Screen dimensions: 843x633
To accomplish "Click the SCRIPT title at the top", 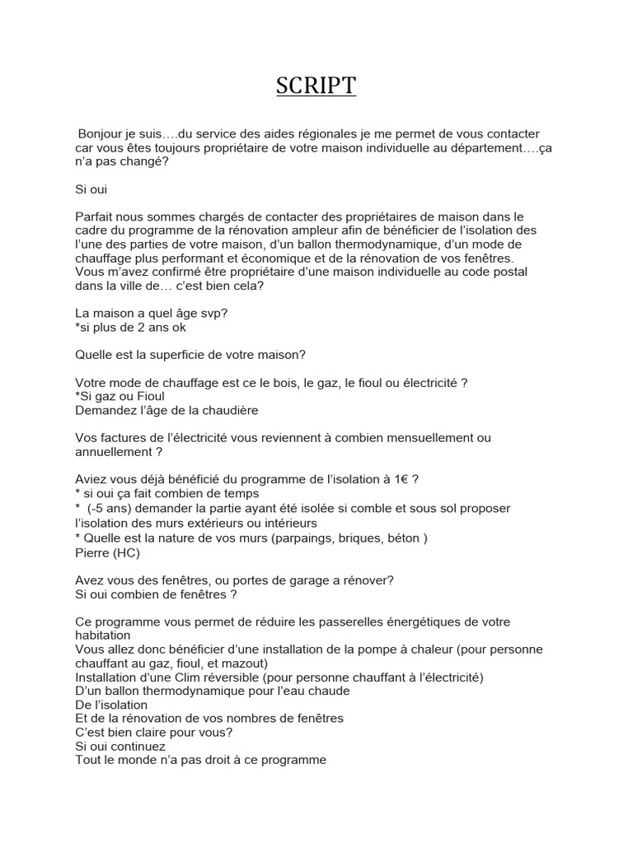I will pyautogui.click(x=316, y=86).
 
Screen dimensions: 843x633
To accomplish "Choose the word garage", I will pyautogui.click(x=293, y=580).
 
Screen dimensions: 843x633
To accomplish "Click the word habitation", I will pyautogui.click(x=102, y=636).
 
